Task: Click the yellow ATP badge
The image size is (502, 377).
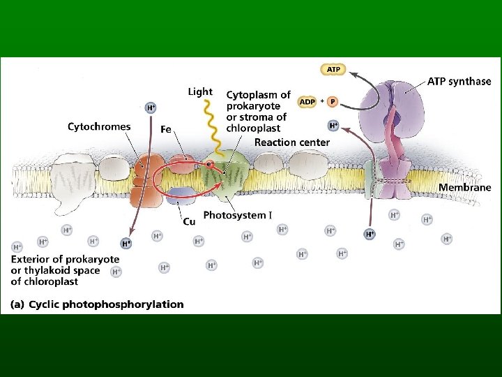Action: click(333, 69)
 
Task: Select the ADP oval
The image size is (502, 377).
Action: click(307, 102)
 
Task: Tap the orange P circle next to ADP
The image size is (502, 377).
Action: click(333, 102)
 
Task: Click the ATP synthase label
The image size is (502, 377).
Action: click(459, 82)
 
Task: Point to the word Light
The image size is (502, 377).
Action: click(200, 91)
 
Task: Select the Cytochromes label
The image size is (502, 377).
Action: click(99, 126)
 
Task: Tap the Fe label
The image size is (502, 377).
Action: click(166, 129)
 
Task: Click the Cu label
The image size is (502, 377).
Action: click(188, 222)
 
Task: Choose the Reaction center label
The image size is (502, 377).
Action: click(292, 142)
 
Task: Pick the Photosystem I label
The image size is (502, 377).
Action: click(237, 216)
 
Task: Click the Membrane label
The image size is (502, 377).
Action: click(464, 187)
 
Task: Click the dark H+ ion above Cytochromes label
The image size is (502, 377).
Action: click(151, 108)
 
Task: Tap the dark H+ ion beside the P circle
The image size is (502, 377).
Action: click(333, 126)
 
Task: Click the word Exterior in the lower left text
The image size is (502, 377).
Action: click(32, 260)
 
